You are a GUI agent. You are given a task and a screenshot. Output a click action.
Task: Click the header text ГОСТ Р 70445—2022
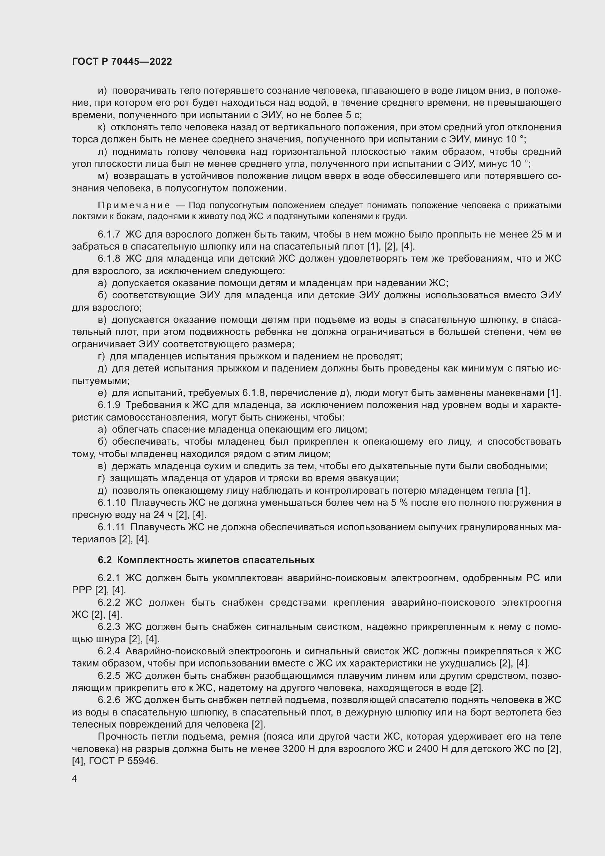pyautogui.click(x=122, y=62)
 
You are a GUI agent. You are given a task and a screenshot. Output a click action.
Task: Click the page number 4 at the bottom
pyautogui.click(x=75, y=779)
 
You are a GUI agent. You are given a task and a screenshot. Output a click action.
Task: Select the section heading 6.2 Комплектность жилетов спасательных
pyautogui.click(x=206, y=560)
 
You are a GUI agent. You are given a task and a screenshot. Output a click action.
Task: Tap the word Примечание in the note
pyautogui.click(x=134, y=206)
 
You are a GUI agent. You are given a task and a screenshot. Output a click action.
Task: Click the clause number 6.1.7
pyautogui.click(x=109, y=235)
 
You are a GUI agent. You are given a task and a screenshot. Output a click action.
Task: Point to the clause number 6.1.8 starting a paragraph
pyautogui.click(x=109, y=259)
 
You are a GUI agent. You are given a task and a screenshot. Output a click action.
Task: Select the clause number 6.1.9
pyautogui.click(x=109, y=405)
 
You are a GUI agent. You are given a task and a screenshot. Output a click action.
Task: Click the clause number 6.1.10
pyautogui.click(x=112, y=503)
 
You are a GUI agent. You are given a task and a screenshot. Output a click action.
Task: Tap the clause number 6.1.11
pyautogui.click(x=111, y=527)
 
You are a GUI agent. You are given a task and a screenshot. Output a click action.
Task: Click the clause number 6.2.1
pyautogui.click(x=109, y=578)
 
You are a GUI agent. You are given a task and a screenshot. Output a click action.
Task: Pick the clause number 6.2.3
pyautogui.click(x=109, y=627)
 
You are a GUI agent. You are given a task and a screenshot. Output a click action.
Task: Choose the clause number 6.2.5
pyautogui.click(x=109, y=676)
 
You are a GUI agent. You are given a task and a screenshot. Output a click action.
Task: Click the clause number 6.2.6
pyautogui.click(x=109, y=700)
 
